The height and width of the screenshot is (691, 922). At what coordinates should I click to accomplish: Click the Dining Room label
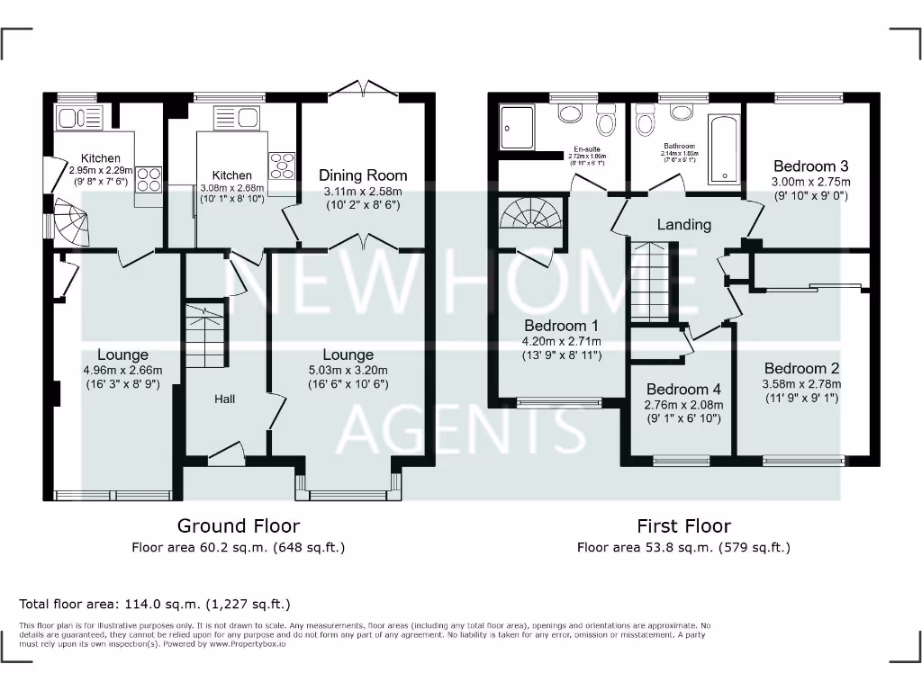click(x=364, y=175)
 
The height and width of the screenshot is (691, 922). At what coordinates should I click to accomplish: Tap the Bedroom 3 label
click(x=810, y=166)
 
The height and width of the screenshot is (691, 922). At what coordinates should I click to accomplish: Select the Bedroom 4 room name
click(x=684, y=390)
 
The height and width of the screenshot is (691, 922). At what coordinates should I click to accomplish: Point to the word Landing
click(x=683, y=224)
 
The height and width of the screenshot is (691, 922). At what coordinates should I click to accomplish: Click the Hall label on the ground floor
click(x=224, y=399)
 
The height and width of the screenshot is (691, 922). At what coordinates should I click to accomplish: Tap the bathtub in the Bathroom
click(x=724, y=148)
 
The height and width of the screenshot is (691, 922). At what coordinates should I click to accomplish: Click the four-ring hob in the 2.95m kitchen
click(x=148, y=177)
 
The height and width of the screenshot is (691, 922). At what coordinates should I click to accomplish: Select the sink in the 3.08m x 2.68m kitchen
click(x=226, y=117)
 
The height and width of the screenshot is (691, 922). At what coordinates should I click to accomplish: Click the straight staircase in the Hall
click(x=204, y=333)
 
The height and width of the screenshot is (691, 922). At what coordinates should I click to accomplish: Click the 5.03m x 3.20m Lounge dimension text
click(x=348, y=370)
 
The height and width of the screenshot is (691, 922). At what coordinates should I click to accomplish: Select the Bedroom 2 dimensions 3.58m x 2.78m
click(x=801, y=383)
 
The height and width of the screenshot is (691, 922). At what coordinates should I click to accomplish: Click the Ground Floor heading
click(x=239, y=525)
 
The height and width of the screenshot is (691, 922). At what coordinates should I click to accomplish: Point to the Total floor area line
click(x=155, y=604)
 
